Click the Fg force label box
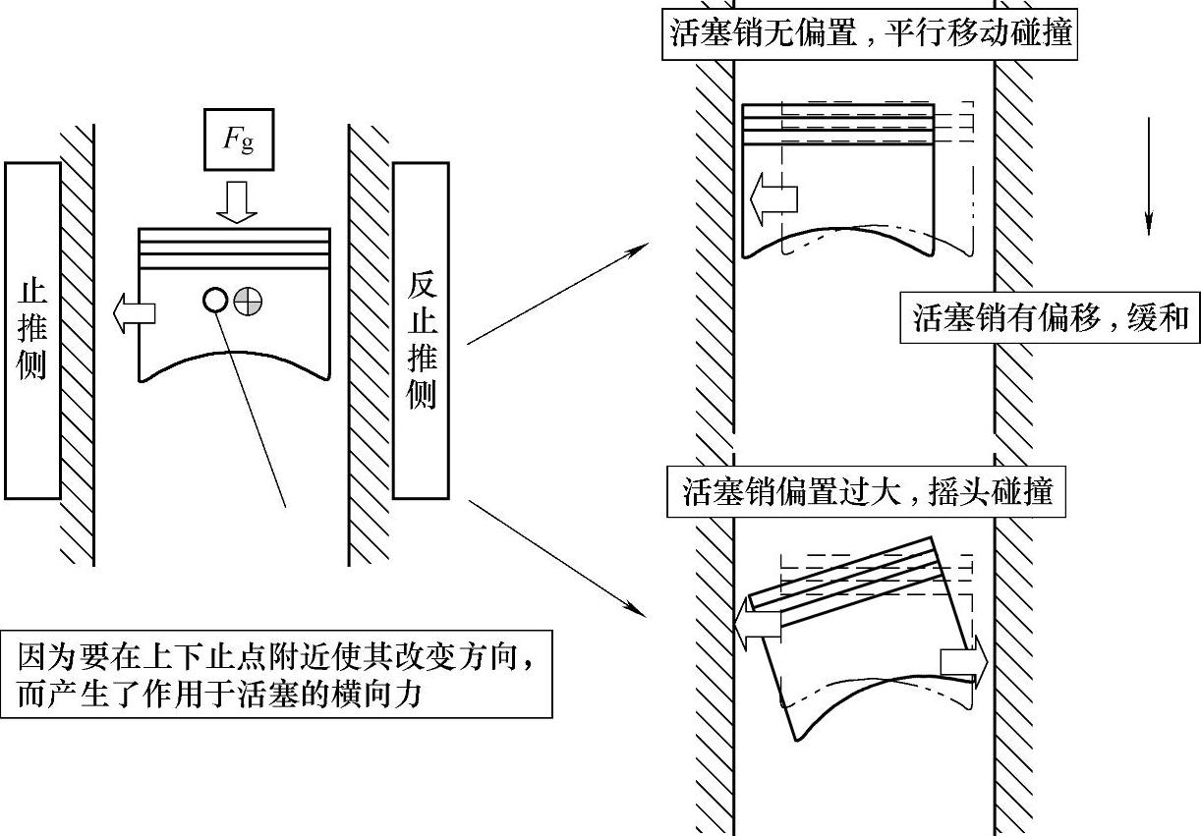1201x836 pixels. [x=236, y=140]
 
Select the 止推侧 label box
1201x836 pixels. [x=32, y=330]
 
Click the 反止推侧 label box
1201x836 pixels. [x=421, y=330]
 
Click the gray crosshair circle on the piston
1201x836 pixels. [x=248, y=300]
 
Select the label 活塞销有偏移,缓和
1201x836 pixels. [x=1051, y=317]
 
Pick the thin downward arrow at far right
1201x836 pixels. [x=1147, y=177]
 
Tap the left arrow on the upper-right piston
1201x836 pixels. [x=772, y=199]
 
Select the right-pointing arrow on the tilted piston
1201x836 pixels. [x=963, y=661]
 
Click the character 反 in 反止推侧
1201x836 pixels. [x=421, y=285]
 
